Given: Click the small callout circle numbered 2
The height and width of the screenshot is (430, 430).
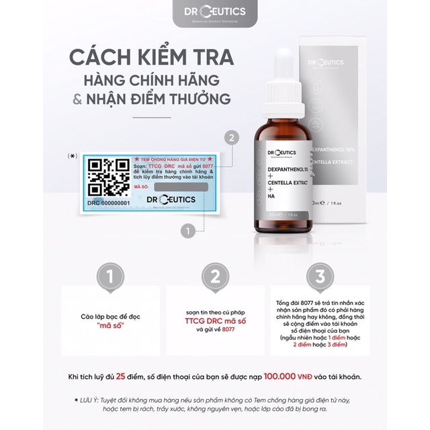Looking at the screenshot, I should tap(232, 138).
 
